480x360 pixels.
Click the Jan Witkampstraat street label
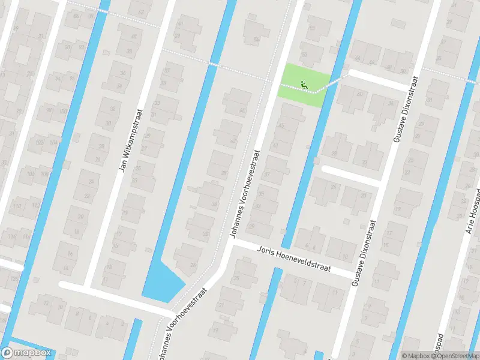[130, 140]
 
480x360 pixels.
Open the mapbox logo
[26, 353]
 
